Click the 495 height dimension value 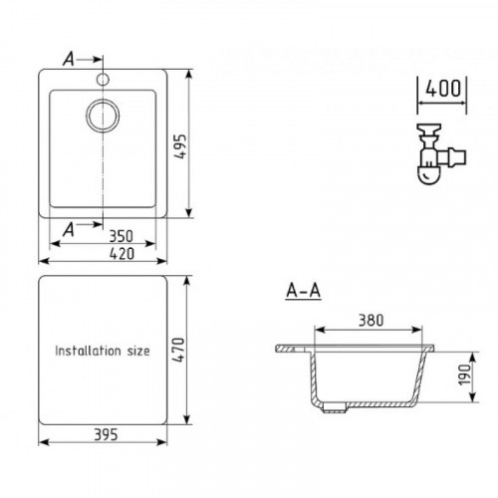(x=181, y=146)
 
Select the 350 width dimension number (x=122, y=236)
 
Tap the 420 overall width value (x=122, y=254)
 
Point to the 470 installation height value (x=179, y=350)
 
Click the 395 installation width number (x=106, y=435)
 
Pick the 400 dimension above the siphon (x=443, y=89)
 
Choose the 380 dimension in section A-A (x=372, y=321)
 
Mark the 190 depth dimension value (x=465, y=374)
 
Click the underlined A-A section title (x=304, y=291)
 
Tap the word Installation (x=88, y=351)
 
